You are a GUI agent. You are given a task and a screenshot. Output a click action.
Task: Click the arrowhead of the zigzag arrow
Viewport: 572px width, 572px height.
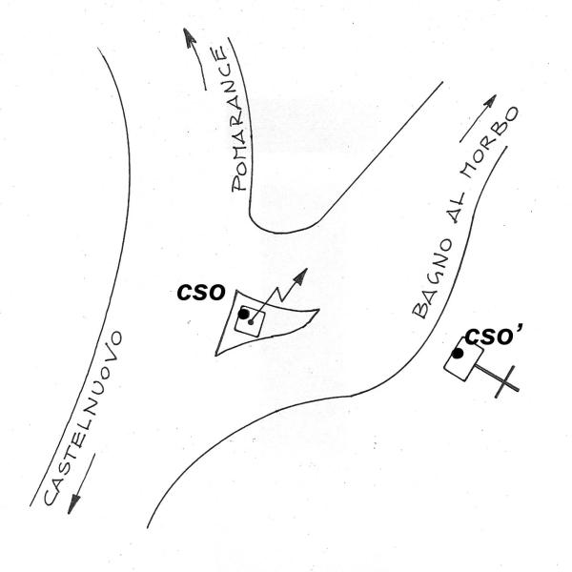click(x=301, y=276)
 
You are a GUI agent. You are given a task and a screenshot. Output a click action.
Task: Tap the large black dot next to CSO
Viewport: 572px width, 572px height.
click(x=244, y=314)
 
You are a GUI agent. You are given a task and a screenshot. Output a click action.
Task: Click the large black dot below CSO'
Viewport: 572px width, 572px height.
click(x=458, y=354)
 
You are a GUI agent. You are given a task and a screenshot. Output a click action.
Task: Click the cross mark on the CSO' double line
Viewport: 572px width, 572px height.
click(x=504, y=381)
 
